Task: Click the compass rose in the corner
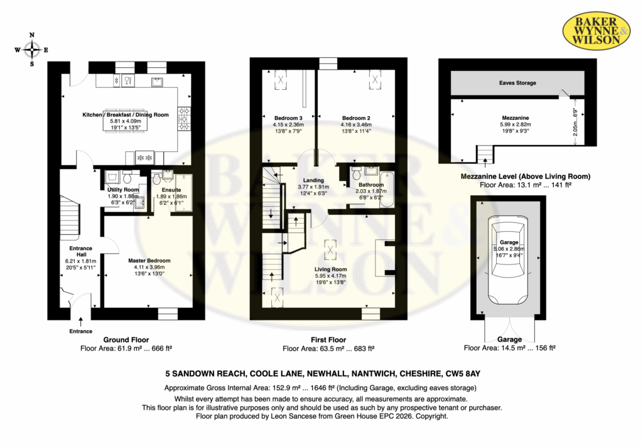click(x=31, y=50)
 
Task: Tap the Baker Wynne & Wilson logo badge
click(x=596, y=30)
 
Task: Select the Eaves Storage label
click(x=517, y=83)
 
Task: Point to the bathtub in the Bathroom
click(x=386, y=190)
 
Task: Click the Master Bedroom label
click(x=149, y=261)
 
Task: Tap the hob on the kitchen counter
click(x=184, y=119)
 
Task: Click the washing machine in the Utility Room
click(x=111, y=178)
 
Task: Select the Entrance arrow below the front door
click(x=81, y=322)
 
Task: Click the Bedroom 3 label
click(x=288, y=118)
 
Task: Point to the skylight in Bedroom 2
click(x=375, y=79)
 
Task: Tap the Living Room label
click(x=330, y=269)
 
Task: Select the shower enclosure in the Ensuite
click(x=183, y=193)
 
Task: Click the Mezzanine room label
click(x=516, y=117)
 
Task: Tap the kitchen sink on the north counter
click(x=158, y=82)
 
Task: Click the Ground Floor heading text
click(x=126, y=340)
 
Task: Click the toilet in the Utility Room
click(x=127, y=177)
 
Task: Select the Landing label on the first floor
click(x=313, y=180)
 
